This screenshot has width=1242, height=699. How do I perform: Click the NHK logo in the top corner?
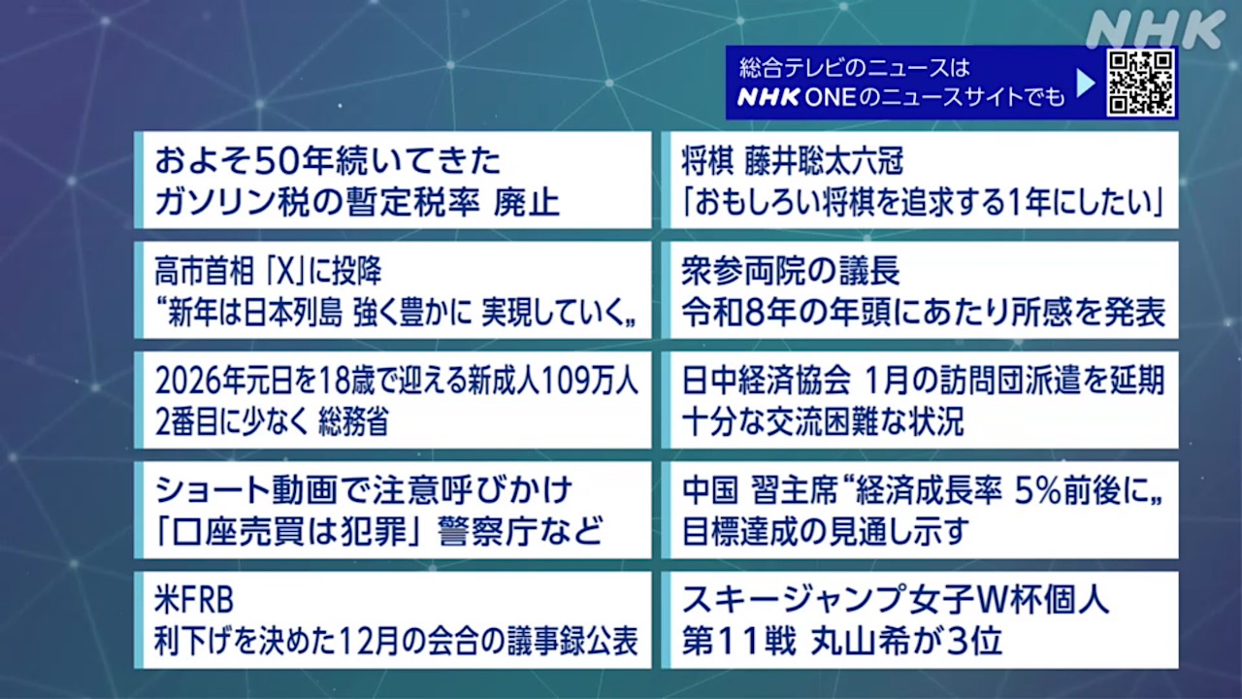coord(1156,29)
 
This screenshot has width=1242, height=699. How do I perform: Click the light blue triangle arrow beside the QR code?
coord(1086,83)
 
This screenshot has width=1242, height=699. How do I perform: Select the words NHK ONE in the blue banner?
coord(797,98)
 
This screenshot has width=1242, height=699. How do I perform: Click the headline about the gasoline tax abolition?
coord(393,181)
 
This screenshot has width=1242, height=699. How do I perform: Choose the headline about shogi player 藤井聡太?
coord(920,181)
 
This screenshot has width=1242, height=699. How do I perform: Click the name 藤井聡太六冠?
coord(824,161)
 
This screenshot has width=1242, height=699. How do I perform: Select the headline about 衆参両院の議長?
coord(920,290)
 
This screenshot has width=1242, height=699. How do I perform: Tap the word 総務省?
coord(353,421)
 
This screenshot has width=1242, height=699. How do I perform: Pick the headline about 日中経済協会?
coord(920,400)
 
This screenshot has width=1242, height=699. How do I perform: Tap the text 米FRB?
coord(194,601)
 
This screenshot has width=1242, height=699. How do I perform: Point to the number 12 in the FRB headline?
coord(351,642)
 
